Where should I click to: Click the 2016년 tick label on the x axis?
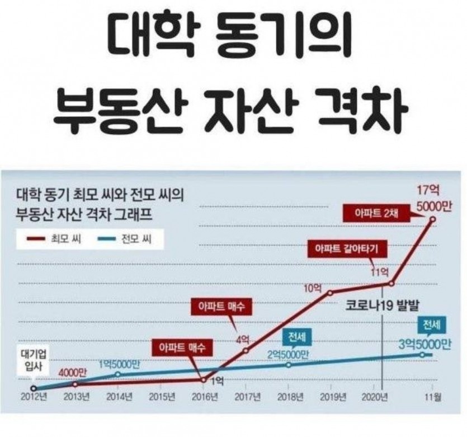205,397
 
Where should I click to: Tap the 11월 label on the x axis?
433,397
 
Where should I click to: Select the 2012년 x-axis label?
34,397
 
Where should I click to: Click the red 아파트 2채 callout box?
376,213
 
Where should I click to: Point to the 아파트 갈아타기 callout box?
347,248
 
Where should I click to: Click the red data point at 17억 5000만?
433,219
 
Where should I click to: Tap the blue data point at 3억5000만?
422,355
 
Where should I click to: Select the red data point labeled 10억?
330,293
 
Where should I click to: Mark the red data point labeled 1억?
204,380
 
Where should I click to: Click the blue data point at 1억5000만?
118,374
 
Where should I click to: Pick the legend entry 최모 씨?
54,239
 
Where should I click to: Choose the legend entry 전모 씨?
125,239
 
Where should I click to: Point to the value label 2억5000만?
287,355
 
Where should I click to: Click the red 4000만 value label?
72,373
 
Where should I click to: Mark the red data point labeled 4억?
246,350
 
